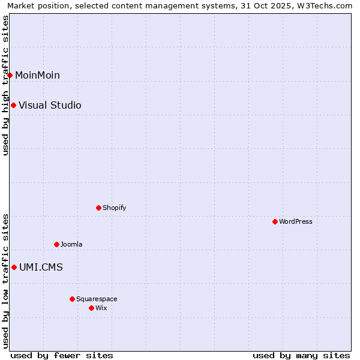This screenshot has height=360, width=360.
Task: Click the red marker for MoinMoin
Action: coord(10,75)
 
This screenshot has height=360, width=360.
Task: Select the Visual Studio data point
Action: coord(13,106)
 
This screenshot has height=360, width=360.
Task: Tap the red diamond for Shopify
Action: coord(98,208)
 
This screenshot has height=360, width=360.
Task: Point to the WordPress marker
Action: coord(275,221)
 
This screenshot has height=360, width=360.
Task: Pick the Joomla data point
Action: coord(56,244)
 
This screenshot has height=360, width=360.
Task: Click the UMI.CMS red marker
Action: coord(14,267)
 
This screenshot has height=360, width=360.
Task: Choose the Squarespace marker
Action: coord(72,299)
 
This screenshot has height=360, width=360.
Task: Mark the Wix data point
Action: coord(91,308)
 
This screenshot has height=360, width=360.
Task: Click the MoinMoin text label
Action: coord(37,75)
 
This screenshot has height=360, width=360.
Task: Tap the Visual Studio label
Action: coord(50,106)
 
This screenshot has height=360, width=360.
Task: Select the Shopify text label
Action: coord(114,208)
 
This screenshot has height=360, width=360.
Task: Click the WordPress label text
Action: coord(295,221)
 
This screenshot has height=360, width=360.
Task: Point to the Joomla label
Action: coord(71,244)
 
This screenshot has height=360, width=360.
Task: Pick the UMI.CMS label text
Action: coord(41,267)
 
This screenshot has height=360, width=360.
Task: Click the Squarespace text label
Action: coord(97,299)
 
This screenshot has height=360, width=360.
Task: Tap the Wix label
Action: coord(101,308)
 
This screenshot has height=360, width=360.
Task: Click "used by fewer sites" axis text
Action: coord(62,355)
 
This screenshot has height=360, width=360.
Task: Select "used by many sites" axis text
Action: coord(301,355)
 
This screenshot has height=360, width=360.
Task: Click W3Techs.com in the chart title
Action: coord(327,5)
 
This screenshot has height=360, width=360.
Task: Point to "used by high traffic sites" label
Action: coord(5,85)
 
